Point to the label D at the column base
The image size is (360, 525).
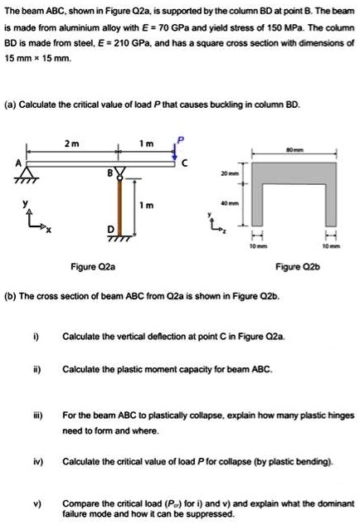coord(109,228)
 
